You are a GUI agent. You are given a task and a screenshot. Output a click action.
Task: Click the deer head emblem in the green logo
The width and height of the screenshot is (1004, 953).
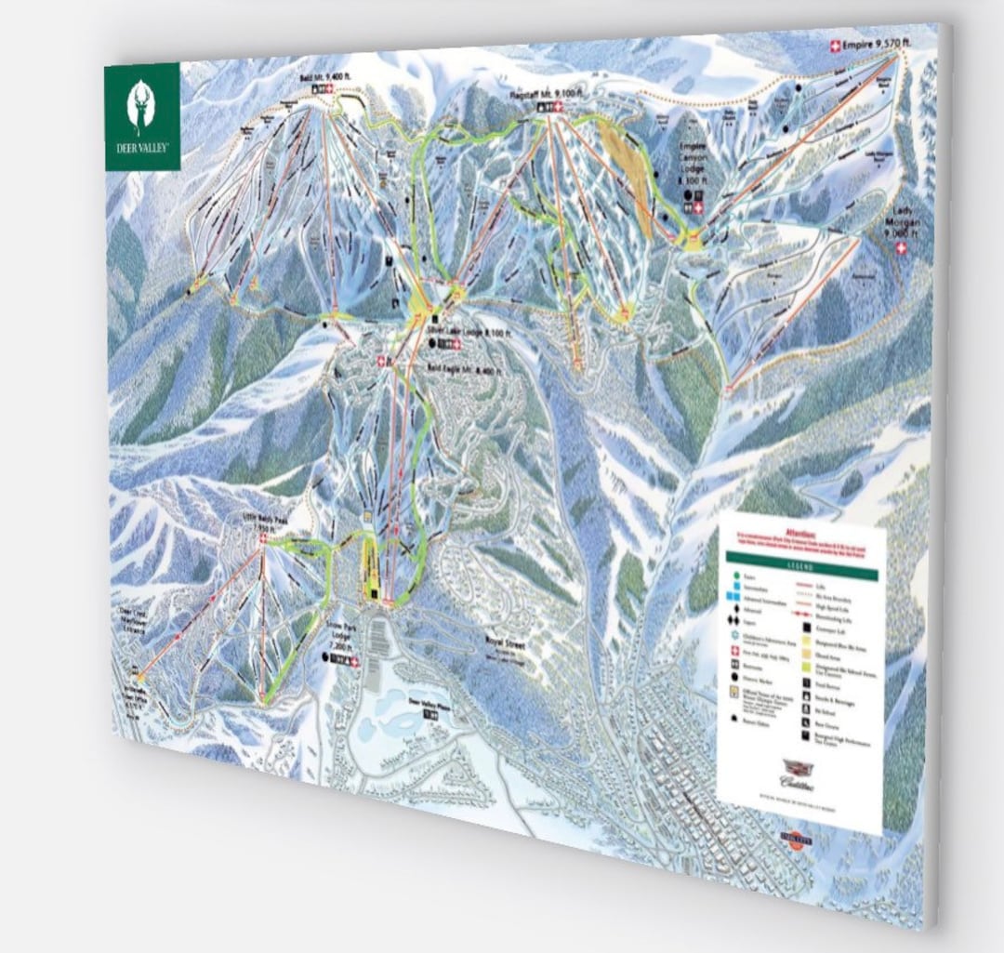click(141, 107)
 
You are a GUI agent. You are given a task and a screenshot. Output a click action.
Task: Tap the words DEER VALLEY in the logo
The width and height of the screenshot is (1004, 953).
click(141, 149)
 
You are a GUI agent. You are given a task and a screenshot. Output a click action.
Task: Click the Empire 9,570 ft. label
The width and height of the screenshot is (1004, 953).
click(870, 43)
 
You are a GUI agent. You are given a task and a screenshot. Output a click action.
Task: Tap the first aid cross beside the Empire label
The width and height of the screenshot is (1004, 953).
click(834, 46)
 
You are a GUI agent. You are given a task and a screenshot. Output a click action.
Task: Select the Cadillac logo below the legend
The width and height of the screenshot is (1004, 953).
click(800, 774)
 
